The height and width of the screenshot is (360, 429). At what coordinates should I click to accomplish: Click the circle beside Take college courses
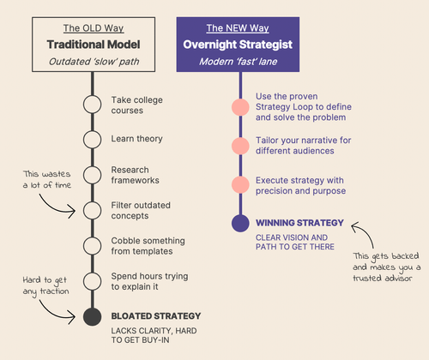[92, 105]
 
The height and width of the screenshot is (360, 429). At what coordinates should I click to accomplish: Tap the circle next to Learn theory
[92, 139]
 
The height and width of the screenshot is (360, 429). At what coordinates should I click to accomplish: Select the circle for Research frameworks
[92, 175]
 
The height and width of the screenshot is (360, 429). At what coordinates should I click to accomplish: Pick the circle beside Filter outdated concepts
[92, 210]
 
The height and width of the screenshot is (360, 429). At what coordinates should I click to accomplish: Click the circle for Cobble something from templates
[92, 245]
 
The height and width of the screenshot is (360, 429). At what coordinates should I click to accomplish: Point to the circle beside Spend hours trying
[92, 281]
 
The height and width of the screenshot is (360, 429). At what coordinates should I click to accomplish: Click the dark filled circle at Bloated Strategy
[92, 316]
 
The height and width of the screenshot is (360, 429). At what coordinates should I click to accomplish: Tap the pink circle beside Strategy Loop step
[241, 109]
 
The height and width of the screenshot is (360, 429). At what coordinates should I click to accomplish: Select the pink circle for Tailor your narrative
[241, 145]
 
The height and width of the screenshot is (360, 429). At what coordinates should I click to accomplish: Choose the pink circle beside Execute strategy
[241, 184]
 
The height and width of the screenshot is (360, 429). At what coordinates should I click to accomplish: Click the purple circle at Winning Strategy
[241, 224]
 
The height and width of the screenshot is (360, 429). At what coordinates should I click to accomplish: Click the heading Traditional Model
[91, 44]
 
